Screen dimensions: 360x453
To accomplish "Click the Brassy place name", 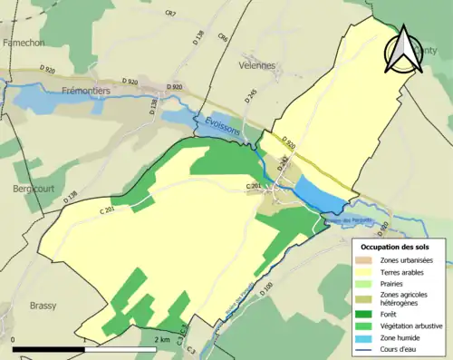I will click(x=43, y=305).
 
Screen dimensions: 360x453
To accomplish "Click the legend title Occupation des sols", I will click(x=396, y=246).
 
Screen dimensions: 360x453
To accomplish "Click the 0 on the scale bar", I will click(x=14, y=339).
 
